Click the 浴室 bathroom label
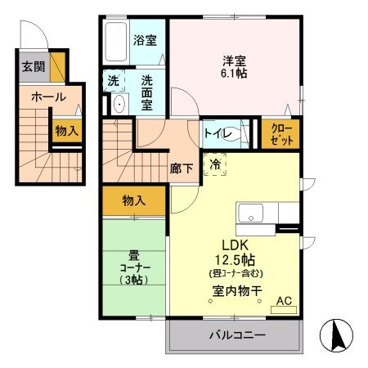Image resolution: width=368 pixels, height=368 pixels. pyautogui.click(x=146, y=39)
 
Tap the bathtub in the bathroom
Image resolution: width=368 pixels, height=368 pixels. pyautogui.click(x=116, y=40)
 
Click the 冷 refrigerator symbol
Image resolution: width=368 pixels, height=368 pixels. pyautogui.click(x=216, y=163)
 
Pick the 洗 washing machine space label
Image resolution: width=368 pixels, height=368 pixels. pyautogui.click(x=114, y=82)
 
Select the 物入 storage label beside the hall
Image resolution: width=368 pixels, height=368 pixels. pyautogui.click(x=67, y=130)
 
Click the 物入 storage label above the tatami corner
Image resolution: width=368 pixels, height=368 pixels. pyautogui.click(x=134, y=200)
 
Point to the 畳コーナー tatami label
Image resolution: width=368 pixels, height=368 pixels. pyautogui.click(x=133, y=267)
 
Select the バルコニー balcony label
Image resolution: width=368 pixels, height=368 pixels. pyautogui.click(x=236, y=335)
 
